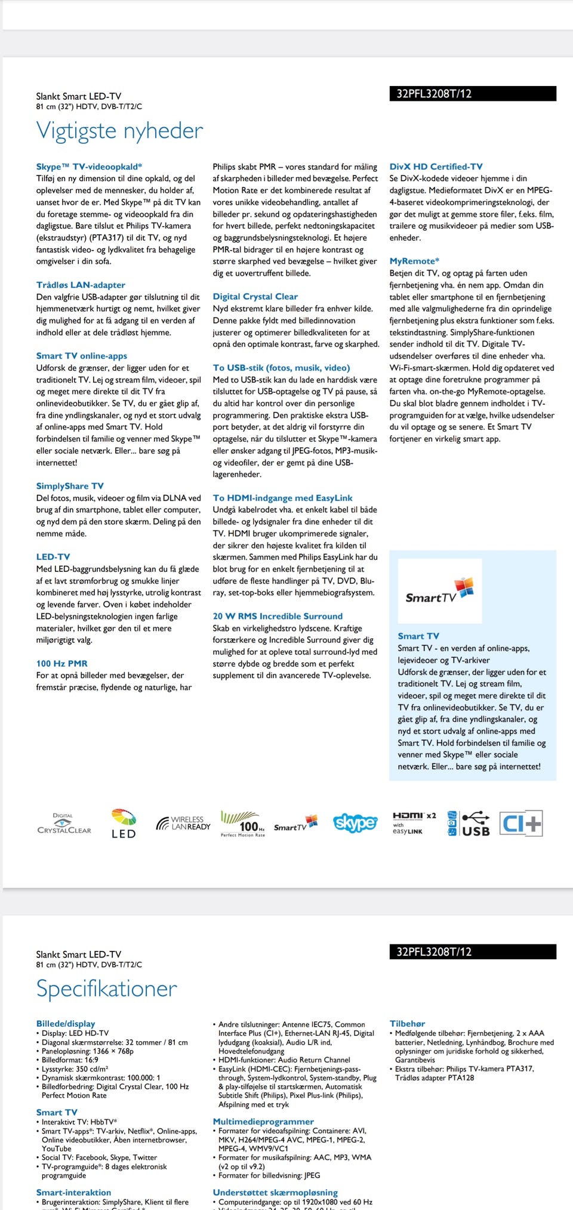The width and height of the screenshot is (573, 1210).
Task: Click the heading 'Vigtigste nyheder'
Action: [119, 131]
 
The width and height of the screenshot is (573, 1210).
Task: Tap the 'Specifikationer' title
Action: [106, 989]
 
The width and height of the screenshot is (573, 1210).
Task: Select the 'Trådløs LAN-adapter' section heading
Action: [81, 285]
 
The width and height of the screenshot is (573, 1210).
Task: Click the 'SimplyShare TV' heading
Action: [70, 486]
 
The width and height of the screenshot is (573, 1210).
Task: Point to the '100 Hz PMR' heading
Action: [61, 663]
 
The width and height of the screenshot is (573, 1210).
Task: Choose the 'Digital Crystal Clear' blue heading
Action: [255, 296]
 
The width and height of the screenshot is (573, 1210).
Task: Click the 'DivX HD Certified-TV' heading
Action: [436, 167]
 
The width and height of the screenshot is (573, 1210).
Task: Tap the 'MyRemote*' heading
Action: [414, 261]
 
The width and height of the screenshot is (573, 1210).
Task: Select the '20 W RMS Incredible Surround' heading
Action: [278, 616]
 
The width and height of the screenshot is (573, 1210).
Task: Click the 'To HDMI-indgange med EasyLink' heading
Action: [282, 498]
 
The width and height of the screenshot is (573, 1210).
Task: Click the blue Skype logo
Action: [355, 823]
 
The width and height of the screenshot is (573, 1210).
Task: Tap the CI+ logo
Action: [520, 823]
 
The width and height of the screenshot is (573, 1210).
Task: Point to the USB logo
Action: [475, 824]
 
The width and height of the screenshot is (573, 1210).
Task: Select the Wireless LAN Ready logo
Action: [183, 823]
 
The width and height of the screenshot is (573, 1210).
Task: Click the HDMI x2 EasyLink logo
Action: [414, 823]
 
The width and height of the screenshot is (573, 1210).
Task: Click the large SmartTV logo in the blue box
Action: [439, 591]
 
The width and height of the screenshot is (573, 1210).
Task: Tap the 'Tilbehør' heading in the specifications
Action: [407, 1023]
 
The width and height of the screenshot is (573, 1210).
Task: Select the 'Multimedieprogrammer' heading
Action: [263, 1121]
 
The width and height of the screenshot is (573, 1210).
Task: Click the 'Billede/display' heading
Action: [66, 1023]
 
